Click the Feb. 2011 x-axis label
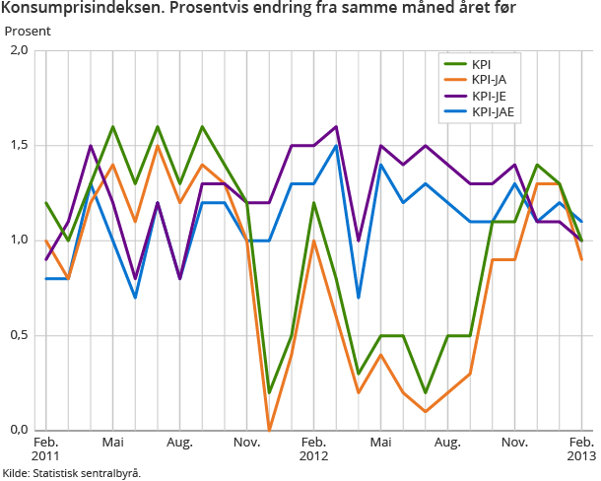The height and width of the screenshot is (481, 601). click(46, 450)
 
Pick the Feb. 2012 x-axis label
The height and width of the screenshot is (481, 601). click(314, 450)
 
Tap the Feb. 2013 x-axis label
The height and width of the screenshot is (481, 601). click(581, 450)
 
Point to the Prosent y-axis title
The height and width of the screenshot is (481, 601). click(28, 31)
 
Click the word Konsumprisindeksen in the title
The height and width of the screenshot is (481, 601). click(72, 9)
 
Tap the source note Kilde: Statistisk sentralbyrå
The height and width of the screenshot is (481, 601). click(71, 473)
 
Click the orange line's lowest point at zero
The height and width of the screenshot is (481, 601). click(269, 430)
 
